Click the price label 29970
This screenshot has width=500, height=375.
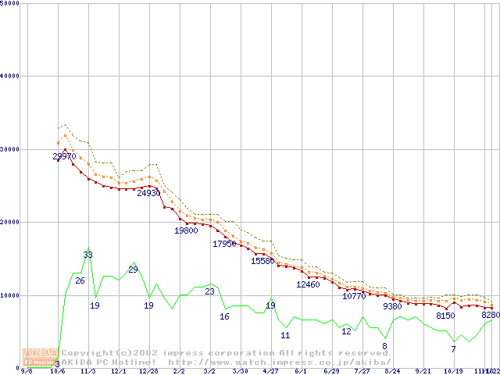click(65, 156)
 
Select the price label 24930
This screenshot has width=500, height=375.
click(148, 193)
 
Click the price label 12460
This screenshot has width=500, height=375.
click(308, 284)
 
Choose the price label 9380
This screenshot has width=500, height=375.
click(392, 306)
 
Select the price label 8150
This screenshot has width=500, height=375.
click(445, 316)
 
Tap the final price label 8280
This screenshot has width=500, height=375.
click(491, 315)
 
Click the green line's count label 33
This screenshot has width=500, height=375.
click(88, 255)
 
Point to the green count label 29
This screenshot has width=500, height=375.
click(133, 270)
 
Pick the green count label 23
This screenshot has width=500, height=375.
click(209, 291)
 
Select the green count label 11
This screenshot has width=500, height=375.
click(285, 334)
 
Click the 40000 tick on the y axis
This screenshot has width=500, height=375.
click(9, 76)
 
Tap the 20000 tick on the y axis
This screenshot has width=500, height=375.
click(9, 222)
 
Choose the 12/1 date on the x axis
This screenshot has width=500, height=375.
click(119, 372)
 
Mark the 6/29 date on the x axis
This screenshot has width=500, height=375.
click(330, 372)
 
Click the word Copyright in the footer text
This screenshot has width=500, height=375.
click(86, 353)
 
